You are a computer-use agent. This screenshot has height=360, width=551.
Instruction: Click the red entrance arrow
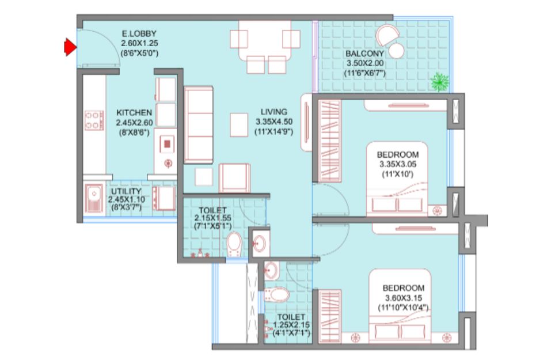[70, 47]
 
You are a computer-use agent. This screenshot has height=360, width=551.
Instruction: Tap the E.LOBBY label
[139, 34]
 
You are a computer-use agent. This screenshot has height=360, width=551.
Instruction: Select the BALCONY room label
[364, 54]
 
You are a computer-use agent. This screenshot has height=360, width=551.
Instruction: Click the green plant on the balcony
[440, 82]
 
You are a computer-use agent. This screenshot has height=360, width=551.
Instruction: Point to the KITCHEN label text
[134, 113]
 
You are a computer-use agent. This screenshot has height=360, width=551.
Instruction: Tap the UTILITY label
[126, 191]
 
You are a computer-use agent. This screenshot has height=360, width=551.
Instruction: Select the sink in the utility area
[94, 198]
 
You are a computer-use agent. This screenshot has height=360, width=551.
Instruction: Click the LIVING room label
[273, 112]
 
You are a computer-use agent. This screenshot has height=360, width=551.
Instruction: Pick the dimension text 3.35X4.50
[273, 122]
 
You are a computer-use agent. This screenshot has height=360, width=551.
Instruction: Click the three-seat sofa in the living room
[199, 125]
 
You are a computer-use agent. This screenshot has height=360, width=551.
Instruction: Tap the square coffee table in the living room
[239, 125]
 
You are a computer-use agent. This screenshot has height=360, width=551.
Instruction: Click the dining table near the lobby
[265, 40]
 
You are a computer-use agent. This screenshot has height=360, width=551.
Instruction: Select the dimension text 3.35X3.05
[398, 164]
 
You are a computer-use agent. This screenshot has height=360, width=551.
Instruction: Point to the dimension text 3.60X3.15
[404, 298]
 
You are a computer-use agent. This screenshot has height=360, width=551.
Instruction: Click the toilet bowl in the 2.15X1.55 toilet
[234, 244]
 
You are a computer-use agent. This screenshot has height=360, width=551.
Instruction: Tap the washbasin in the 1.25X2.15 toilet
[271, 271]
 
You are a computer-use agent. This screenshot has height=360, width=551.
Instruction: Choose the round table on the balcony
[396, 51]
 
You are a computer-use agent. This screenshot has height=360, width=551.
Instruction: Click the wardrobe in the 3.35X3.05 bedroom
[329, 141]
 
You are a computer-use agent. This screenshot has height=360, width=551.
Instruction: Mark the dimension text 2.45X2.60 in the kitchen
[135, 123]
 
